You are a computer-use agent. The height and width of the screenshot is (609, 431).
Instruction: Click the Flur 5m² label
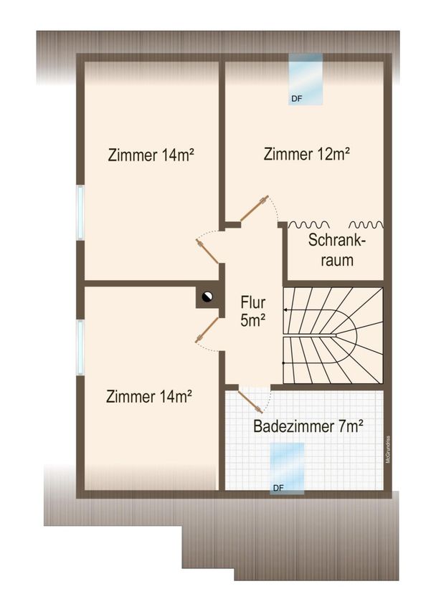tap(253, 311)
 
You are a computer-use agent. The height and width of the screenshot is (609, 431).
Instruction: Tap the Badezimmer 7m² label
tap(308, 426)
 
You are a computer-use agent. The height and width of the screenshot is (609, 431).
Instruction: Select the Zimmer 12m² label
tap(307, 154)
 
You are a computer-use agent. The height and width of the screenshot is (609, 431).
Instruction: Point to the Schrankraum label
tap(337, 250)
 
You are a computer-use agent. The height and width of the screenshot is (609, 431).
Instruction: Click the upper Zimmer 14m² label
tap(151, 155)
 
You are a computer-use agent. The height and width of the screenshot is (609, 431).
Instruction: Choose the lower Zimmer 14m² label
tap(149, 396)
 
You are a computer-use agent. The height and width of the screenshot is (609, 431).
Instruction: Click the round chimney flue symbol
tap(207, 297)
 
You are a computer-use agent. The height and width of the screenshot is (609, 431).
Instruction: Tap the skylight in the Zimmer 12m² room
tap(306, 80)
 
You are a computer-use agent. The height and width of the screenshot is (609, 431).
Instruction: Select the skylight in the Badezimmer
tap(287, 469)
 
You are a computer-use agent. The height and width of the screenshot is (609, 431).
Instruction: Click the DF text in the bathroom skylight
tap(278, 488)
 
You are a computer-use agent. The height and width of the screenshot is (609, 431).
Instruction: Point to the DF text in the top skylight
tap(296, 99)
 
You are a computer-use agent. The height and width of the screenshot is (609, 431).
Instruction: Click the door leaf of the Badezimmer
tap(249, 401)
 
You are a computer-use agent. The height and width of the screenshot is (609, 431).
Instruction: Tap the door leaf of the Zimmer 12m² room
tap(254, 208)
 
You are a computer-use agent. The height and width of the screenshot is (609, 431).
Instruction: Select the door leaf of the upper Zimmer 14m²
tap(207, 251)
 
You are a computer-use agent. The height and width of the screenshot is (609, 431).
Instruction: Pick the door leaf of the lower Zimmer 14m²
tap(207, 330)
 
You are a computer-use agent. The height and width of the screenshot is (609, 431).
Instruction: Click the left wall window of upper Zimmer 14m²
tap(80, 213)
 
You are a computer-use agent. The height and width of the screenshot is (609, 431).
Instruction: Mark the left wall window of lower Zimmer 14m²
tap(80, 347)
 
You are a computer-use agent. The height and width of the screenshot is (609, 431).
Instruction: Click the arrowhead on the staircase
tap(285, 310)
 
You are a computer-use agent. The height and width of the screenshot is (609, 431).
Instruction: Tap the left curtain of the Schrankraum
tap(309, 224)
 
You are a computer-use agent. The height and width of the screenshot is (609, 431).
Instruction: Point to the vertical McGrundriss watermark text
tap(388, 449)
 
